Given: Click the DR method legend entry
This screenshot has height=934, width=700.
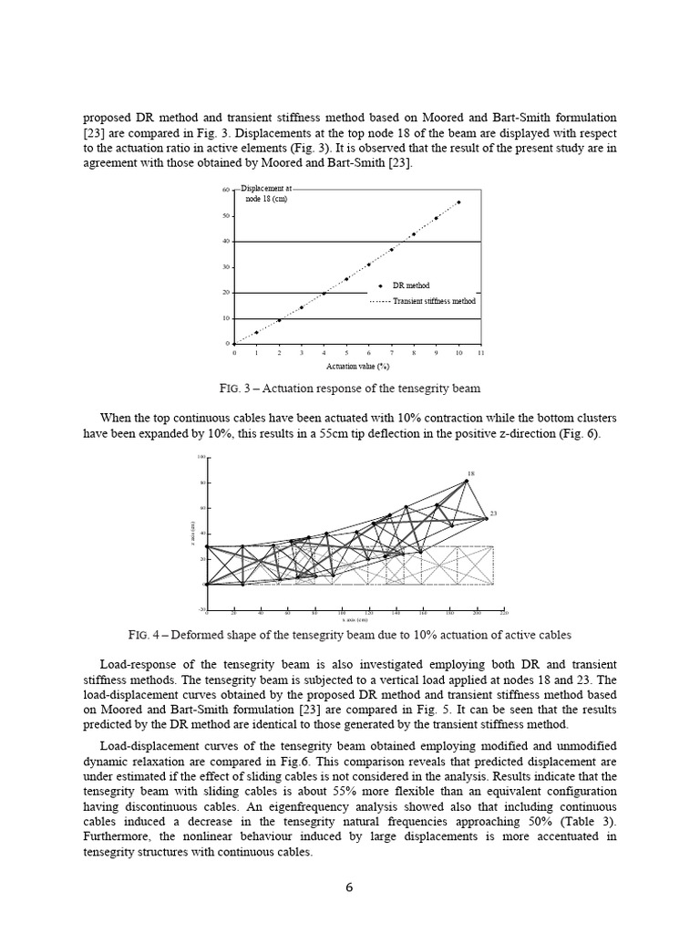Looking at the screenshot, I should click(x=410, y=285).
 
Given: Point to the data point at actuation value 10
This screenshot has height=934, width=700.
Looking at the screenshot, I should click(x=458, y=202).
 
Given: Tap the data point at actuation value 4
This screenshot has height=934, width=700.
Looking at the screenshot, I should click(x=324, y=293).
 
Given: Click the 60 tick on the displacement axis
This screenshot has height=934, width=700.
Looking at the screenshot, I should click(x=225, y=190).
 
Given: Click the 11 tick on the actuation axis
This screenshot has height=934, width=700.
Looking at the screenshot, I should click(x=481, y=352).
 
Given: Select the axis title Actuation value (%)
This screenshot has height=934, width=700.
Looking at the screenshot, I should click(x=358, y=365).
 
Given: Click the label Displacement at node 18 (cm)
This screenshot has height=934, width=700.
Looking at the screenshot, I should click(x=266, y=193).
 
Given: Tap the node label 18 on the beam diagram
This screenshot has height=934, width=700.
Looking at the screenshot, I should click(x=471, y=474).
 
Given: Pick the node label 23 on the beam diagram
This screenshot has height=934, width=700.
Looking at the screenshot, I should click(x=493, y=514).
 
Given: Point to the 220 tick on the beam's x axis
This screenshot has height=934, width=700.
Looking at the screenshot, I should click(x=504, y=613).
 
